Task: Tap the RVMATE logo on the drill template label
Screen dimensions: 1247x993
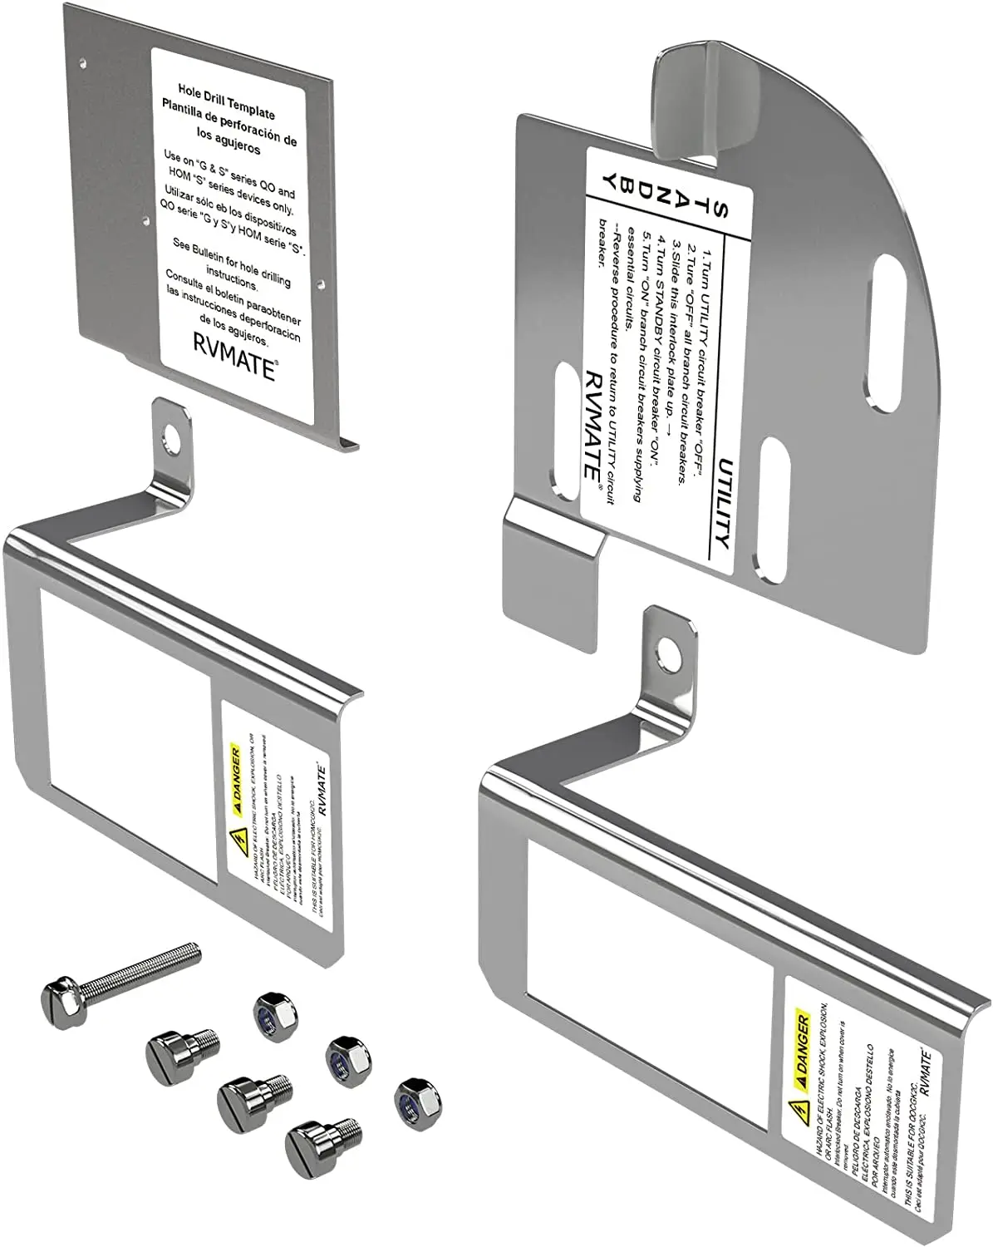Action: click(235, 355)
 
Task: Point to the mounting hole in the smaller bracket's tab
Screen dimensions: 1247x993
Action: click(174, 435)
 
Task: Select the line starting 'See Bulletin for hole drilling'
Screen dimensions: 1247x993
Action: click(232, 257)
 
